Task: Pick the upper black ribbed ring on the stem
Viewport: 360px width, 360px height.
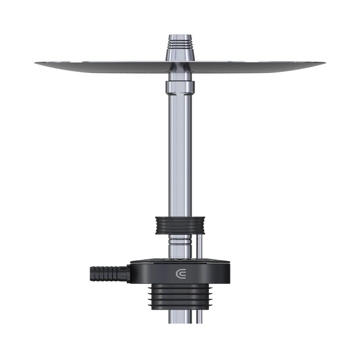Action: (180, 225)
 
